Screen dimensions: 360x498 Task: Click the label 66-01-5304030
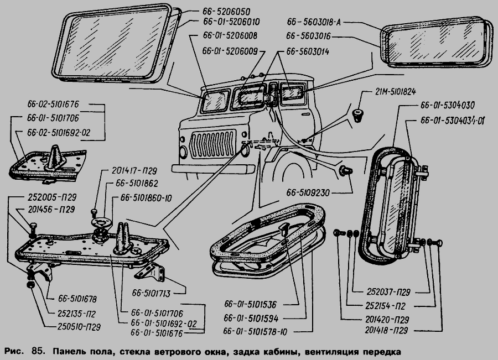[447, 105]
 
